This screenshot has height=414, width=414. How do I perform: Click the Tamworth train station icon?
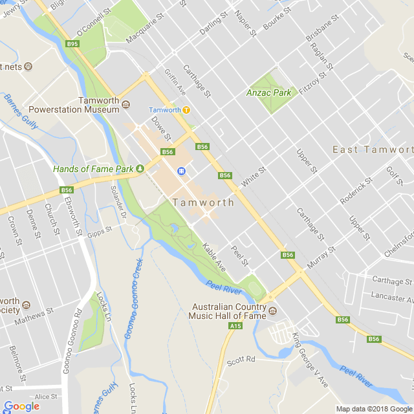point(186,110)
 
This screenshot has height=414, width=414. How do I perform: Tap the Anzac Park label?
point(268,93)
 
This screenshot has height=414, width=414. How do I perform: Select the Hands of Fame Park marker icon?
point(140,169)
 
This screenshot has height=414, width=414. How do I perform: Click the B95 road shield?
point(72,44)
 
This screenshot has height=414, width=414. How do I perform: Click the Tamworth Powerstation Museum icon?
point(125,101)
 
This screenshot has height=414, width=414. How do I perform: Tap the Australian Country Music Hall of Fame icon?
point(272,311)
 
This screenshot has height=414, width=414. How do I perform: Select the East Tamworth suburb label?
point(373,149)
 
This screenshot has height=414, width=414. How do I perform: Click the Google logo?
point(21,406)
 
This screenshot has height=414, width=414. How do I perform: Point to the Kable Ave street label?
point(213,257)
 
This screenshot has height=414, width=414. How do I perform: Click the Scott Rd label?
point(241,359)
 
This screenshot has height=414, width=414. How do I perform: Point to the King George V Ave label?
point(310,360)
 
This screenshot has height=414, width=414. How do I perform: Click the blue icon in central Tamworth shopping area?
point(182,171)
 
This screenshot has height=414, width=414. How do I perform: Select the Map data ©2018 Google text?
point(374,408)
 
